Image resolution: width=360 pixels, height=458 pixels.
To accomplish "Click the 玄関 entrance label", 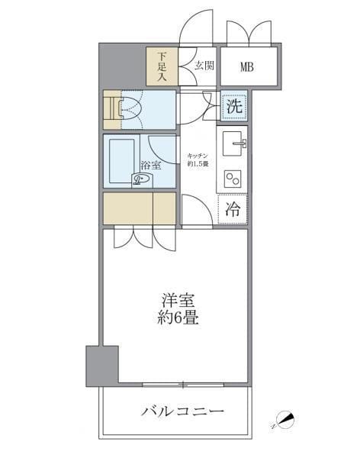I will (203, 66).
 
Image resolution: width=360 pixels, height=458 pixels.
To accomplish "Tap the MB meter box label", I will (247, 66).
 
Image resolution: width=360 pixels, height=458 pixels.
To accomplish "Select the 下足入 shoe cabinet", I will (162, 66).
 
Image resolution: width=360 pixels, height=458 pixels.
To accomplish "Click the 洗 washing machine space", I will (234, 107).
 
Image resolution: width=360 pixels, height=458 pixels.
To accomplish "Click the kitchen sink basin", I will (233, 142).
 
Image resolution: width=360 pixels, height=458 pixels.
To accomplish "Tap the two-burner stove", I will (233, 178).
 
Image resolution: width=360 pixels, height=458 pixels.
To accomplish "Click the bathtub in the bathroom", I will (122, 160).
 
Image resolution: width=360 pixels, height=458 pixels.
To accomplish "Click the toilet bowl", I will (133, 110).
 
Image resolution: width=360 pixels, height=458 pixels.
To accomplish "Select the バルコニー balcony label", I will (182, 412).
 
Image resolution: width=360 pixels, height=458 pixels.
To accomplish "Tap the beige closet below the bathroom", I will (140, 208).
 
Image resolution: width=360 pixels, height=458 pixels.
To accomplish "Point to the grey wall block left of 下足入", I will (122, 66).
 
